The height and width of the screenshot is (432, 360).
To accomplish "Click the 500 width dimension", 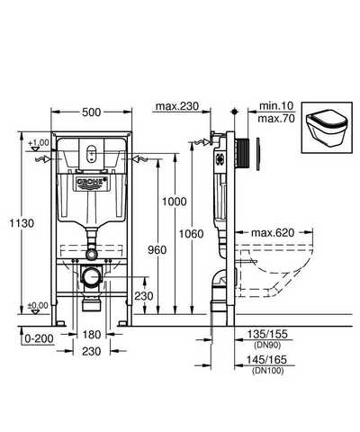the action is coord(92,112).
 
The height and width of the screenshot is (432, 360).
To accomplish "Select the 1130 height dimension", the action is coord(22,223).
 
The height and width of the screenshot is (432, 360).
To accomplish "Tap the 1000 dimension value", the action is coord(175,202).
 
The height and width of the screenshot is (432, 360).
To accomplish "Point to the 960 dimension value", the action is coord(157,249).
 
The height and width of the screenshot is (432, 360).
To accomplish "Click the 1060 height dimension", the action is coord(192,233).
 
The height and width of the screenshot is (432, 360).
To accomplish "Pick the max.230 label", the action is coord(177,106).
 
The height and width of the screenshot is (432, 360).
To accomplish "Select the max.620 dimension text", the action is coord(273,232).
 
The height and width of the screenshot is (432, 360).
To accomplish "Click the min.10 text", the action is coord(276,105).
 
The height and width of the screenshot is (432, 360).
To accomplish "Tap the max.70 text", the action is coord(276,118).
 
